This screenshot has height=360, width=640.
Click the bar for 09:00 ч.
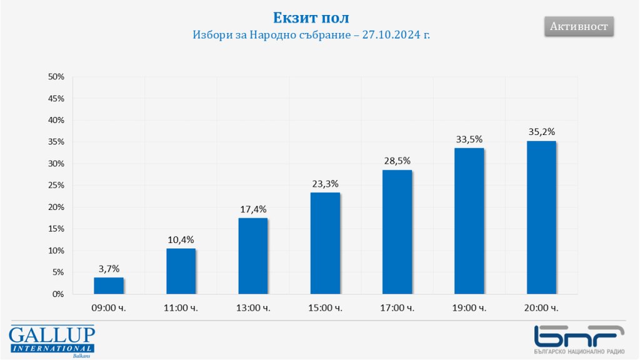[x=109, y=286]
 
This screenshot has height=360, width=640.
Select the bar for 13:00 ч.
[x=253, y=256]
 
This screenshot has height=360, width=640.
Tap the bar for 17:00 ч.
[x=397, y=232]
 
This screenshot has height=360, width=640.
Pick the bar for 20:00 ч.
[x=541, y=217]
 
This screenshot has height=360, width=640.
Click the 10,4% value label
[x=181, y=240]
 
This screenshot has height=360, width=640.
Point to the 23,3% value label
[x=325, y=184]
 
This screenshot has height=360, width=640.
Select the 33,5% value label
[x=469, y=139]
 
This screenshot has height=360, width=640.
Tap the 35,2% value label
[x=541, y=132]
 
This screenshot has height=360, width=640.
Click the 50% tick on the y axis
[x=56, y=77]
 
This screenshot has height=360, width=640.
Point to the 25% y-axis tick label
[x=56, y=186]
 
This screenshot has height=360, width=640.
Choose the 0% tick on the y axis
[x=59, y=294]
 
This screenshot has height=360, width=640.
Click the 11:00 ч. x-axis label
[x=181, y=308]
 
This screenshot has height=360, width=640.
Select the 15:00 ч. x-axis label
[x=325, y=308]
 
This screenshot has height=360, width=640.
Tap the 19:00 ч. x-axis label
[x=469, y=308]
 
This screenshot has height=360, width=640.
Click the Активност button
[x=579, y=26]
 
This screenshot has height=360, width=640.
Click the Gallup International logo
[x=51, y=341]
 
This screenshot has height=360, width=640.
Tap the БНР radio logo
[x=579, y=340]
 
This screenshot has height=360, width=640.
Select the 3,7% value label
[x=109, y=269]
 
